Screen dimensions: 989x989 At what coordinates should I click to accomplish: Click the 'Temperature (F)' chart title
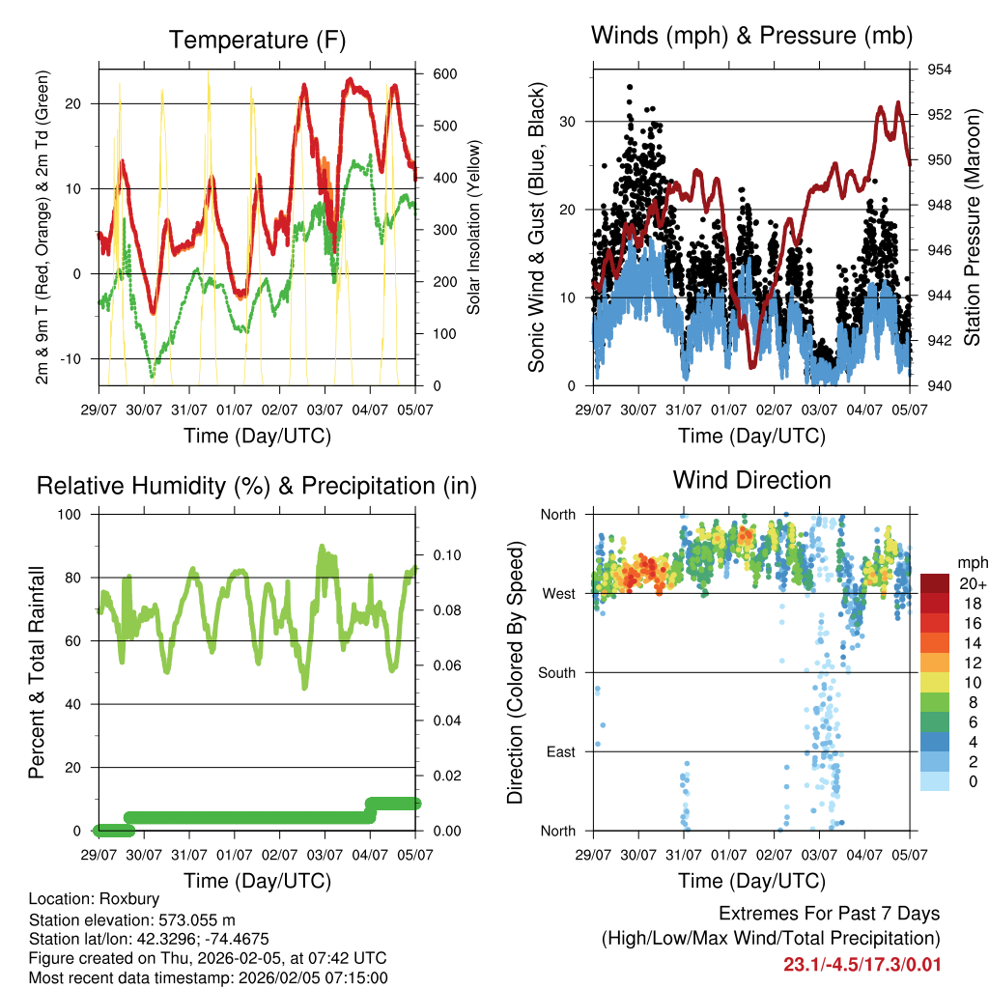pyautogui.click(x=257, y=41)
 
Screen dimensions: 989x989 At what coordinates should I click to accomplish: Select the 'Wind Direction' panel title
pyautogui.click(x=751, y=480)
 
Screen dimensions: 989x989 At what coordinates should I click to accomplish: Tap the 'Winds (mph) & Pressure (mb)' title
pyautogui.click(x=751, y=37)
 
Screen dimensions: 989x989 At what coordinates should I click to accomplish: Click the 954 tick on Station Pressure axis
pyautogui.click(x=940, y=70)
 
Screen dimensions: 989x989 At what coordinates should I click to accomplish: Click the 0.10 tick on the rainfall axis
pyautogui.click(x=441, y=555)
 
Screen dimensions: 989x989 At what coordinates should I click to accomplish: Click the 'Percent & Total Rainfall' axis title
pyautogui.click(x=37, y=672)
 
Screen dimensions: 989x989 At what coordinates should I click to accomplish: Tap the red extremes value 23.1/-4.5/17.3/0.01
pyautogui.click(x=862, y=964)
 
